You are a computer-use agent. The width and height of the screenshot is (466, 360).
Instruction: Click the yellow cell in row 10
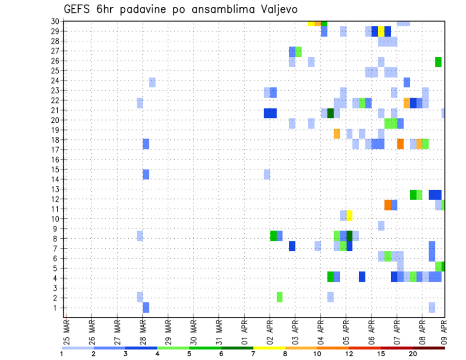tap(349, 215)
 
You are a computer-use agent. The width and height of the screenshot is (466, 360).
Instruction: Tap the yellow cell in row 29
tap(382, 32)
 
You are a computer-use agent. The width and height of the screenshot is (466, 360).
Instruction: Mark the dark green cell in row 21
tap(331, 113)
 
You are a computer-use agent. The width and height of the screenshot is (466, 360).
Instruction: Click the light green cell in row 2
tap(280, 296)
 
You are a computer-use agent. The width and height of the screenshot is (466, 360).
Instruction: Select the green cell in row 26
tap(438, 62)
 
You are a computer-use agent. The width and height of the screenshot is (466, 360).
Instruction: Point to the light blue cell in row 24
tap(152, 82)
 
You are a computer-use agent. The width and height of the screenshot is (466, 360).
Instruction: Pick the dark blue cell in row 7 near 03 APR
tap(292, 246)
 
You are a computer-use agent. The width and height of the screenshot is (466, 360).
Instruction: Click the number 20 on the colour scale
tap(413, 353)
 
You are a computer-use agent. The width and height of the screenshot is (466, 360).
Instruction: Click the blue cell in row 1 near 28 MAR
tap(146, 307)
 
